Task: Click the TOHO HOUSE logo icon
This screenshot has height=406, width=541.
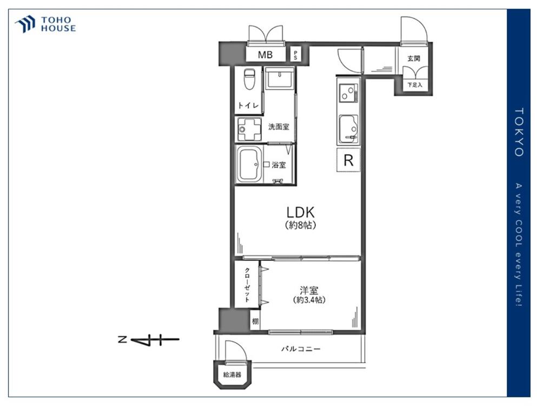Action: tap(25, 24)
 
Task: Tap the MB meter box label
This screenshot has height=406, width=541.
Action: tap(265, 55)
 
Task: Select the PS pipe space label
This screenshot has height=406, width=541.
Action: tap(295, 55)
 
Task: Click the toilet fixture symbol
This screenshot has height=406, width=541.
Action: tap(249, 79)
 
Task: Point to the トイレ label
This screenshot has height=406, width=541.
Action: tap(248, 106)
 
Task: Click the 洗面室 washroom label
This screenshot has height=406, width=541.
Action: tap(279, 127)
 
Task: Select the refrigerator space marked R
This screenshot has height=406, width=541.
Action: tap(348, 160)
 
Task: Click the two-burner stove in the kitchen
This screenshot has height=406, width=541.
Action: tap(348, 93)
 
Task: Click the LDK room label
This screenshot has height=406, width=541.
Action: tap(300, 212)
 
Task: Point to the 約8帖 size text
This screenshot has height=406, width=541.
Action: tap(300, 225)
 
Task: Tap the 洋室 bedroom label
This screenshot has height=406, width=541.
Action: tap(309, 290)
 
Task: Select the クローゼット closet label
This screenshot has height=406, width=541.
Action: tap(247, 285)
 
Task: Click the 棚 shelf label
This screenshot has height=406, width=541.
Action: tap(255, 322)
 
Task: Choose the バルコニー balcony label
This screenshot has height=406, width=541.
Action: tap(300, 349)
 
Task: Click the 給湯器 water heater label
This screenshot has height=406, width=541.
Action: tap(232, 375)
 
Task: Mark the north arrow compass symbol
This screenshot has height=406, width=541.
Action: tap(149, 340)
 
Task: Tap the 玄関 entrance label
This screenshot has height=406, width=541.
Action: tap(413, 58)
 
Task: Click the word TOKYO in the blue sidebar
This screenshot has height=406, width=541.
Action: tap(519, 132)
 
